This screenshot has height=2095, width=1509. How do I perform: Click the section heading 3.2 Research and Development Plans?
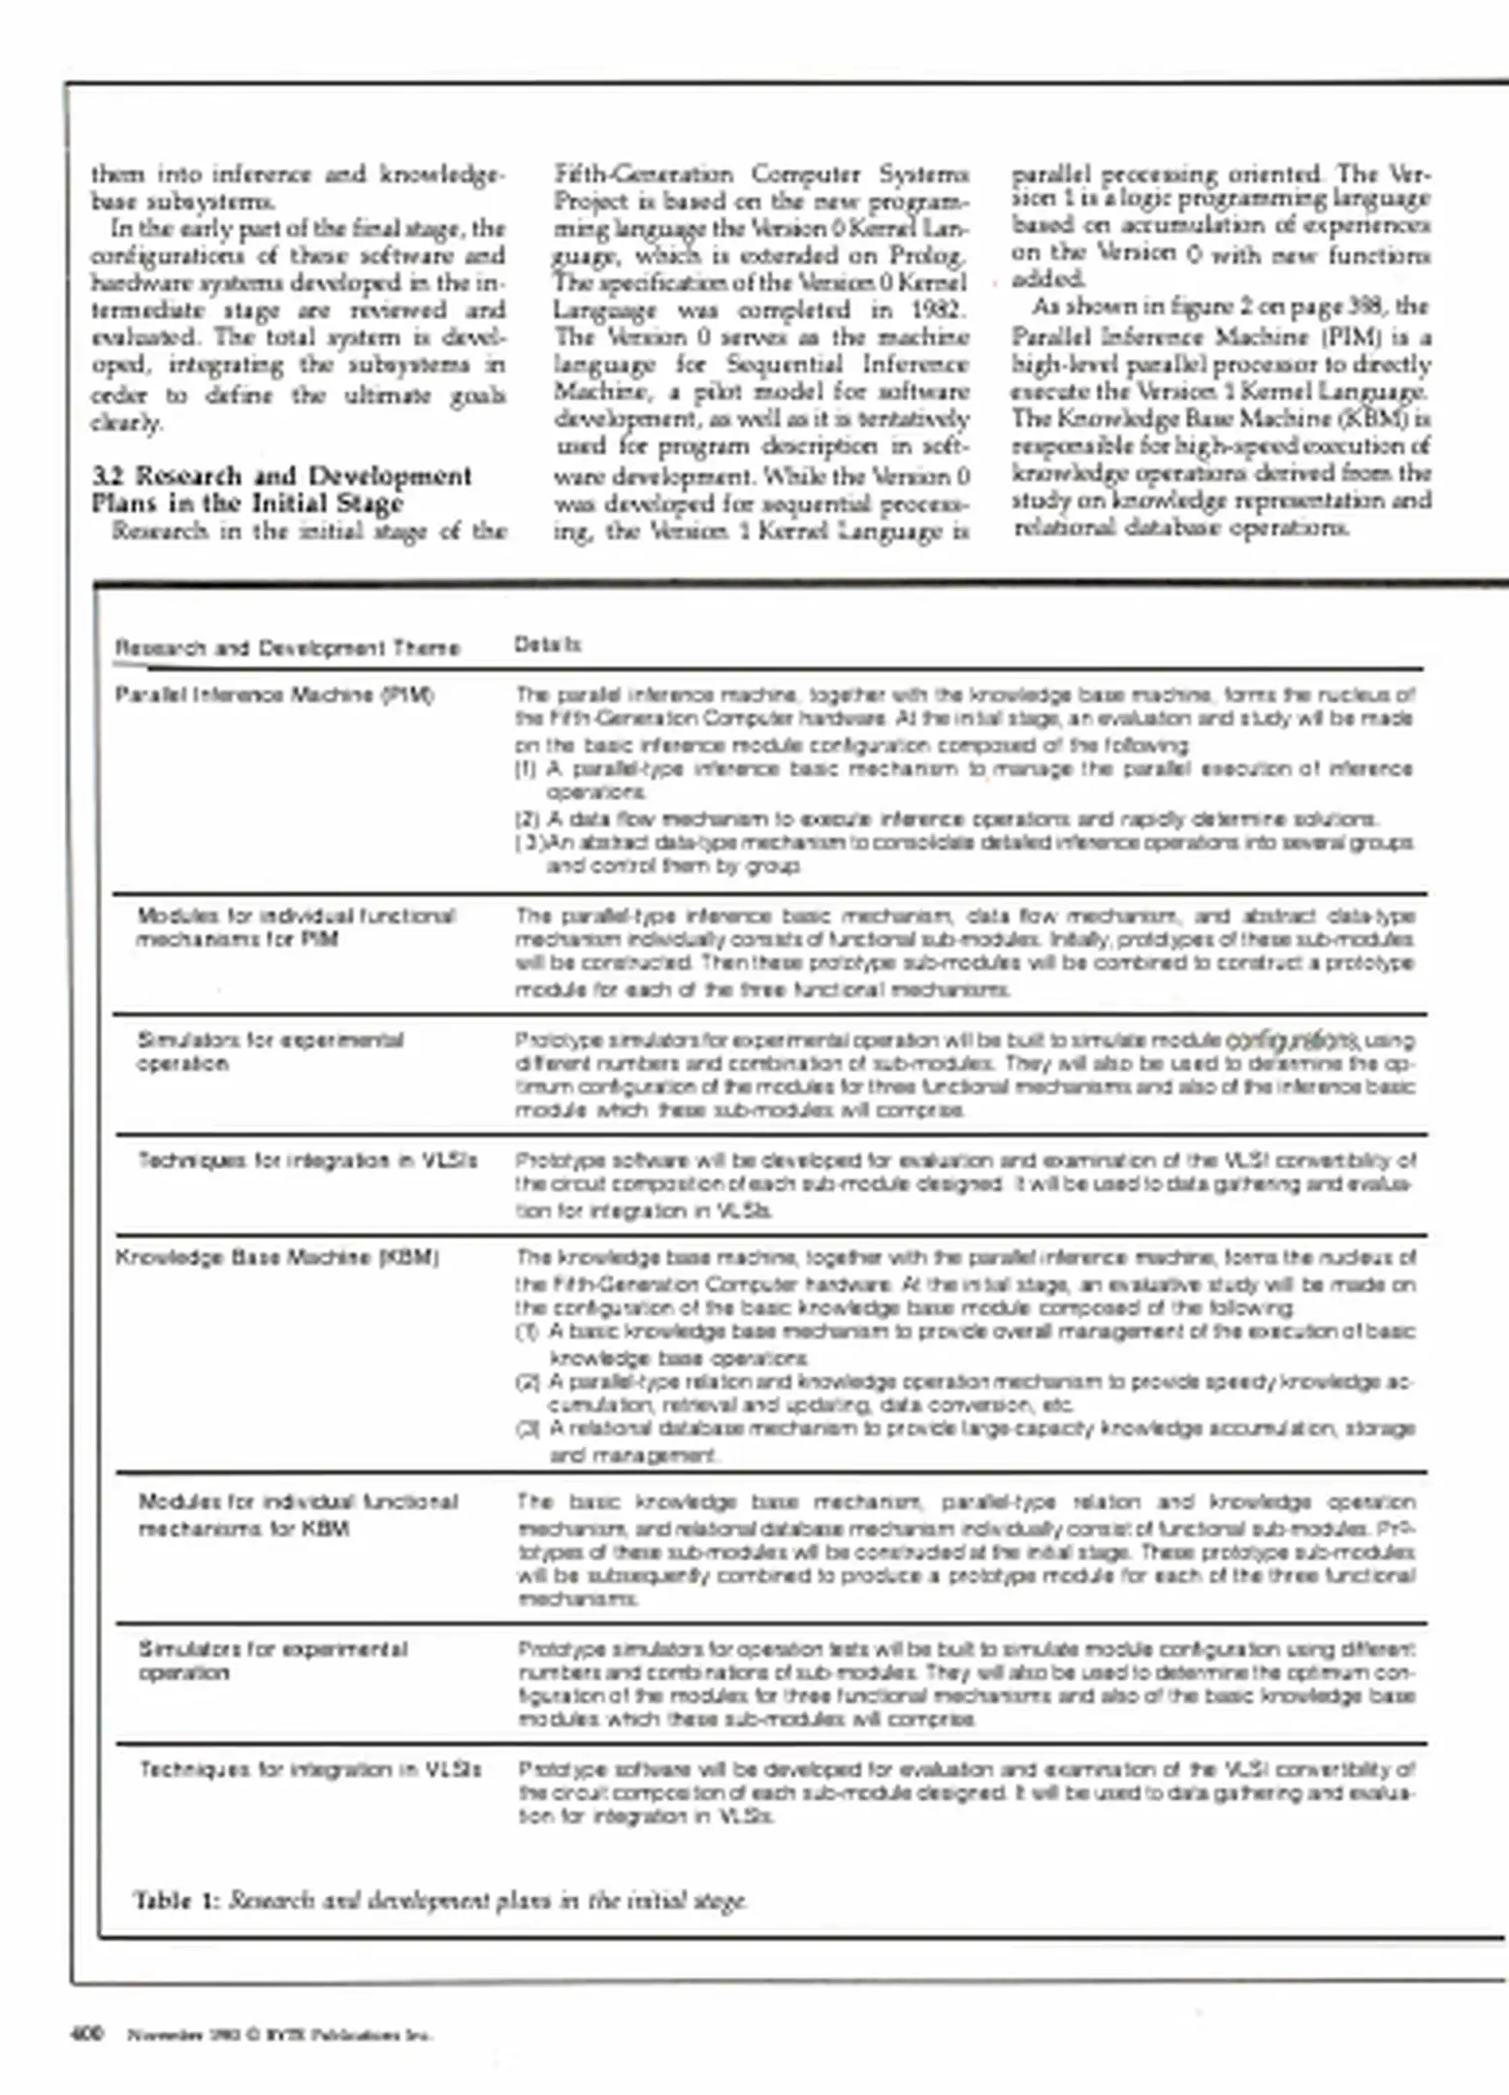tap(281, 489)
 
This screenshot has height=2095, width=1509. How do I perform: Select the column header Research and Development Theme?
tap(287, 648)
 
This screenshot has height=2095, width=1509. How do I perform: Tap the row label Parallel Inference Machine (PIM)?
tap(274, 694)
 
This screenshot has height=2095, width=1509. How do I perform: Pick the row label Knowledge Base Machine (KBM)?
tap(277, 1258)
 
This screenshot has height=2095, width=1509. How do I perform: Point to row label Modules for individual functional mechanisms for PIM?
tap(295, 927)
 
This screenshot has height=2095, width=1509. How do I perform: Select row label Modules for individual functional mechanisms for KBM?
tap(297, 1515)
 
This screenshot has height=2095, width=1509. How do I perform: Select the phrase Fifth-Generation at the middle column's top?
tap(643, 175)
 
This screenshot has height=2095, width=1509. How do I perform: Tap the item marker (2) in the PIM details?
tap(527, 819)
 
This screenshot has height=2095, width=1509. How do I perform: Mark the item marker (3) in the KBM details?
tap(529, 1429)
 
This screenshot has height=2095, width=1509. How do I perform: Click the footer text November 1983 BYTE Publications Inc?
tap(280, 2035)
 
